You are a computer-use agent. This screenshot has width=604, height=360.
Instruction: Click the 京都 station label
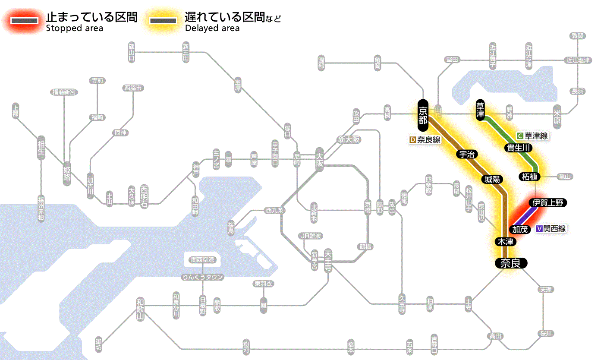coord(423,115)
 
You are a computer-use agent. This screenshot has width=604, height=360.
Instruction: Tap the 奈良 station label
coord(510,263)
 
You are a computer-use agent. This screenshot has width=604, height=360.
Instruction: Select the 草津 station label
coord(480,110)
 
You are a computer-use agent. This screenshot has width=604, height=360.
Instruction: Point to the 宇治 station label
coord(467,154)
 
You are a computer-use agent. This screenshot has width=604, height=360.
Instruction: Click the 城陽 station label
coord(492,179)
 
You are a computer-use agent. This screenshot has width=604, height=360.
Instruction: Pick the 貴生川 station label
coord(519,148)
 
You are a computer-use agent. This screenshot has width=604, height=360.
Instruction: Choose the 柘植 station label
coord(530,177)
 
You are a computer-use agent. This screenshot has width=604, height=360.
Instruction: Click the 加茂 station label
coord(520,229)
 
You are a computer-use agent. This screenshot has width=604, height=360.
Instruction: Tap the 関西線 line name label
coord(551,229)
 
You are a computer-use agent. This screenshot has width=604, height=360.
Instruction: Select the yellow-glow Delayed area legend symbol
coord(163,21)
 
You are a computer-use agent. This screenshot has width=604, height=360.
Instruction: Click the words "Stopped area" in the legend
coord(74,28)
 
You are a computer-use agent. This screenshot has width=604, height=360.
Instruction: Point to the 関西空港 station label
coord(203,260)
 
